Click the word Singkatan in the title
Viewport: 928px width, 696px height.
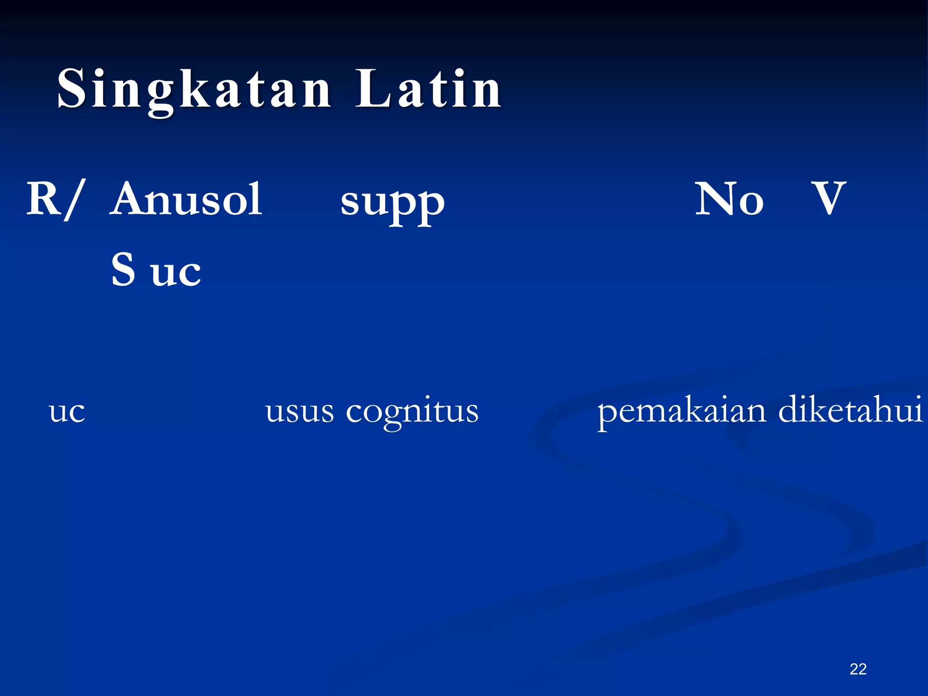194,89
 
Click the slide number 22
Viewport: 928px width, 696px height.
858,669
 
